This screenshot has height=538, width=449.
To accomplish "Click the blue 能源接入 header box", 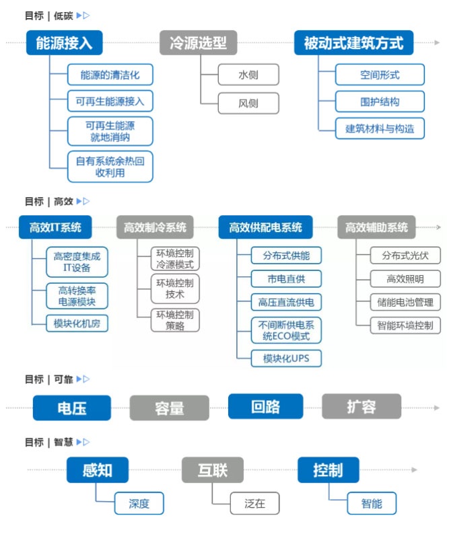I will tap(65, 44).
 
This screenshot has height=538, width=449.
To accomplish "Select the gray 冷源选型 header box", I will tap(199, 44).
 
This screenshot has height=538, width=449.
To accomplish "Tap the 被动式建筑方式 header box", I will tap(353, 44).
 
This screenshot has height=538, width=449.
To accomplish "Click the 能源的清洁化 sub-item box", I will tap(110, 75).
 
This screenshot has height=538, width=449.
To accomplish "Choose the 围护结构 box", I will tap(380, 102).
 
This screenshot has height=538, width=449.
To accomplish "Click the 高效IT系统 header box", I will tap(55, 227).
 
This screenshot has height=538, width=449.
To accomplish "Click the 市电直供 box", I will tap(286, 278).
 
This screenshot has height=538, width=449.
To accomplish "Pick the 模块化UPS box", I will tap(286, 358).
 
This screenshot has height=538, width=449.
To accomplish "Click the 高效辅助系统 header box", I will tap(376, 227).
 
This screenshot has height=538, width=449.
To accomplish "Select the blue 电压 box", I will tap(72, 407).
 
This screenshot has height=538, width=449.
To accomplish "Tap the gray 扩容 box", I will tap(361, 406).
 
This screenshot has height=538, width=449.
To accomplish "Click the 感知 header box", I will tap(98, 470).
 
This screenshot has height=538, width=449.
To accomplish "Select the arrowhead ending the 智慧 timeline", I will tap(415, 469).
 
